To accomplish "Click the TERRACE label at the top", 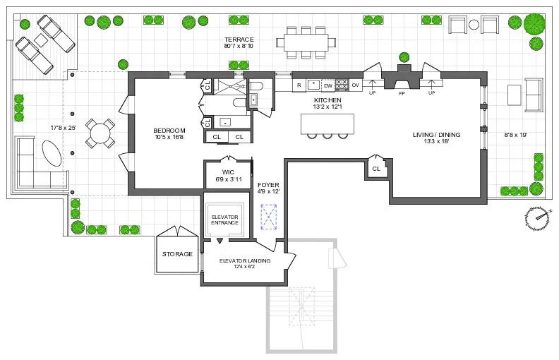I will pos(239,39).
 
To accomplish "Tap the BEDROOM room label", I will pos(169,130).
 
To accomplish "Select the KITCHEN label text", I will pos(327,101).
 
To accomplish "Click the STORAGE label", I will pos(177,253).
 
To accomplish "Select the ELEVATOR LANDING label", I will pos(244,260).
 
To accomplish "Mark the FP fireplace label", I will pos(402,93).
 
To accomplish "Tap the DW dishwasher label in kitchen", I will pos(327,85).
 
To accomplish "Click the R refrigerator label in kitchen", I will pos(299,85).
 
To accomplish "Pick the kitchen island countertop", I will pos(327,124).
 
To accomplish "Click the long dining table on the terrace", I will pos(306,42).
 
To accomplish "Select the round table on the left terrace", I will pos(100,132).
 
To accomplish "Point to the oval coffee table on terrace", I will pos(50,152).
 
